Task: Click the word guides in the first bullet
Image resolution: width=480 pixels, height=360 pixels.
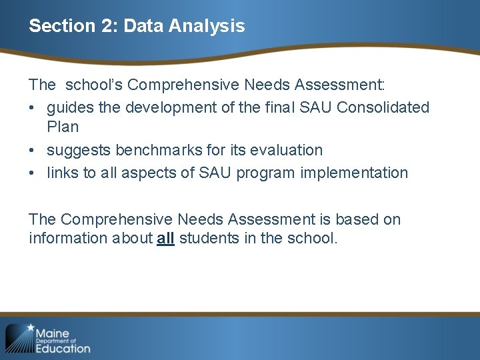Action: point(67,107)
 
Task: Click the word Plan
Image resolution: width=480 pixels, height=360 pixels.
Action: point(63,127)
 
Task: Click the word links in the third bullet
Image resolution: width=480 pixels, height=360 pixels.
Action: point(62,173)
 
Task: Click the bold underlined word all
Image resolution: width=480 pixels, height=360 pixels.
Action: point(165,238)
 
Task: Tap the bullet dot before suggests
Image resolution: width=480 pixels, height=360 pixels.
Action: point(33,151)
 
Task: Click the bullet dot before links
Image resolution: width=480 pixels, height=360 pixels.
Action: point(33,173)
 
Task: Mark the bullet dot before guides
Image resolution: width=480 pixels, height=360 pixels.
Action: point(33,108)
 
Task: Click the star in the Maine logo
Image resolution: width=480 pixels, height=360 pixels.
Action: point(30,328)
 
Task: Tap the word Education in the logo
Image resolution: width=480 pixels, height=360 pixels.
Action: point(63,347)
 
